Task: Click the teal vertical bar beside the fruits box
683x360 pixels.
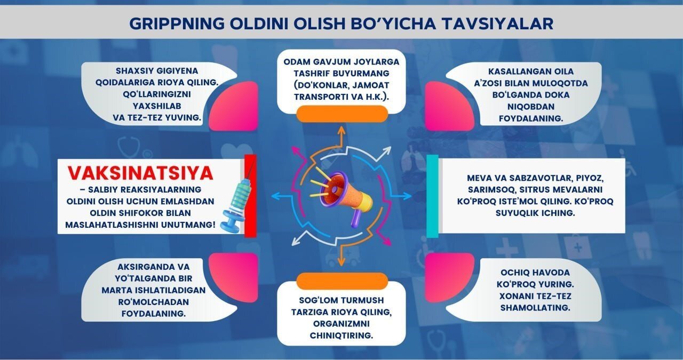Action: click(433, 196)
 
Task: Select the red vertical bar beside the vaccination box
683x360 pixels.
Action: click(249, 195)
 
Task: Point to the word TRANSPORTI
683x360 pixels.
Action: click(321, 97)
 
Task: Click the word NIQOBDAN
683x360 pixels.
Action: click(526, 107)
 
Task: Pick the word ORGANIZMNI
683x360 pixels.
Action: click(341, 324)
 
